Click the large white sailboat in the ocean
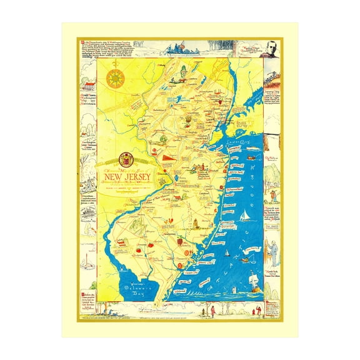[x=244, y=215]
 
